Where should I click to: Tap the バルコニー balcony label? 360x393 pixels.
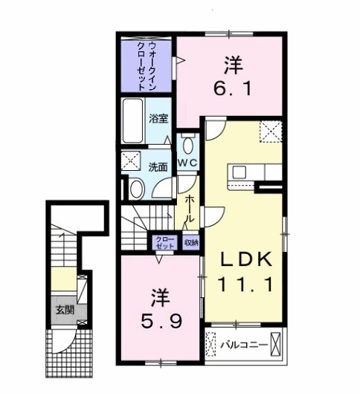pos(242,344)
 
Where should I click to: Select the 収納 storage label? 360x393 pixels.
pos(190,242)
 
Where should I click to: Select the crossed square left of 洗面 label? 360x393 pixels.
pos(132,160)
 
